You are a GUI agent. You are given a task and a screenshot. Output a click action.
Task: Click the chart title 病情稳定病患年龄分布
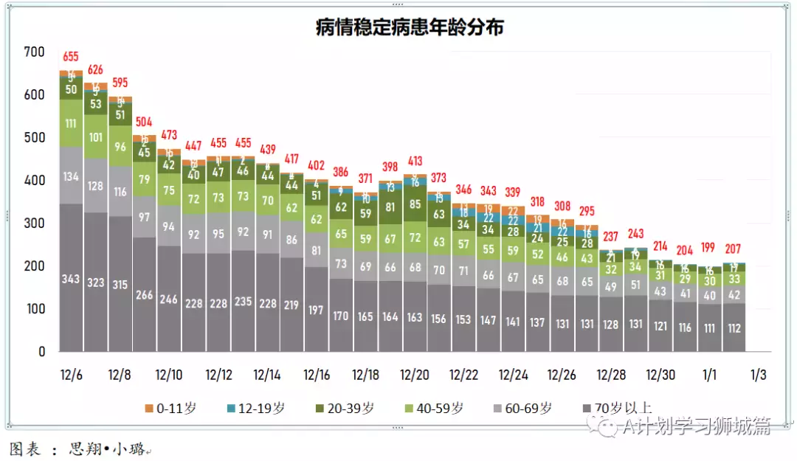pyautogui.click(x=410, y=27)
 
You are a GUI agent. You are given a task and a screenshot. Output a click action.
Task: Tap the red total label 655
pyautogui.click(x=71, y=57)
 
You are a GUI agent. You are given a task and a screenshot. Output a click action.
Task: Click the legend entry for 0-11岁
pyautogui.click(x=170, y=408)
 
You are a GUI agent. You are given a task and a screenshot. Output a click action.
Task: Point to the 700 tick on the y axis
pyautogui.click(x=34, y=52)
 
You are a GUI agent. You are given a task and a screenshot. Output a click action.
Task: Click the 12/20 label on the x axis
pyautogui.click(x=415, y=375)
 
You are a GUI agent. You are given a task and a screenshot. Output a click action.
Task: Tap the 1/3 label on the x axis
pyautogui.click(x=758, y=375)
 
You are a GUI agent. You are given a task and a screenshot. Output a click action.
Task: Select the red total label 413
pyautogui.click(x=415, y=161)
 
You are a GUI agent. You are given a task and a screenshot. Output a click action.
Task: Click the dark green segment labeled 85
pyautogui.click(x=415, y=204)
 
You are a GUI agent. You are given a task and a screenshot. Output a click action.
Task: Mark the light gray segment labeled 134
pyautogui.click(x=71, y=176)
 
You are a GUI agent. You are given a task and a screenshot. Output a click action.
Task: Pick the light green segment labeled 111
pyautogui.click(x=71, y=122)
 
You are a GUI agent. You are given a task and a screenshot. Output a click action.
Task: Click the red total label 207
pyautogui.click(x=734, y=249)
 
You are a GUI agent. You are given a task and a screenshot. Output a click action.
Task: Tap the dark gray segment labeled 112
pyautogui.click(x=734, y=328)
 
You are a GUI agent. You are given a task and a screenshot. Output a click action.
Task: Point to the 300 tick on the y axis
pyautogui.click(x=34, y=223)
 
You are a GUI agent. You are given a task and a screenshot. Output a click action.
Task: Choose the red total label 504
pyautogui.click(x=145, y=122)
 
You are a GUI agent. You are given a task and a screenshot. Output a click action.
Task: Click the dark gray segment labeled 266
pyautogui.click(x=145, y=295)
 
